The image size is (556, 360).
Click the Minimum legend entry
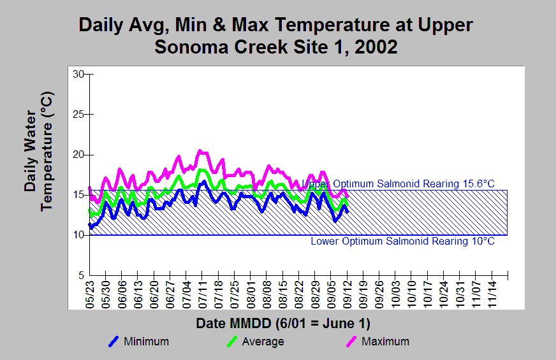138,342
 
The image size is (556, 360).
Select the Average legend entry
256,342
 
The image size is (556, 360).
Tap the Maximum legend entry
377,342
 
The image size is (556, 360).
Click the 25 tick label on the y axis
78,115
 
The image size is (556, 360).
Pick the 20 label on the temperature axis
78,155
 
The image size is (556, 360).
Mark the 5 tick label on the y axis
81,275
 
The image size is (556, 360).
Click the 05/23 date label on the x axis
90,294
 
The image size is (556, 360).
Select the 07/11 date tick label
203,294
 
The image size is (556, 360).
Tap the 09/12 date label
347,294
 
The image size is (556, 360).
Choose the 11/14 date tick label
492,294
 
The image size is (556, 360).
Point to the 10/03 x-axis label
396,294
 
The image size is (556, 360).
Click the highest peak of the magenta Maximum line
200,150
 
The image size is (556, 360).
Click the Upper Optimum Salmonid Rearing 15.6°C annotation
398,184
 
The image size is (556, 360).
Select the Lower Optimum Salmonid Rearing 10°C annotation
402,241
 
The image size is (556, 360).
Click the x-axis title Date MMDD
283,324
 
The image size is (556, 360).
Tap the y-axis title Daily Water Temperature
38,152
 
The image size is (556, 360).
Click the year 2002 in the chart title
376,47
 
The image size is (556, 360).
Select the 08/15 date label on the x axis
283,294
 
